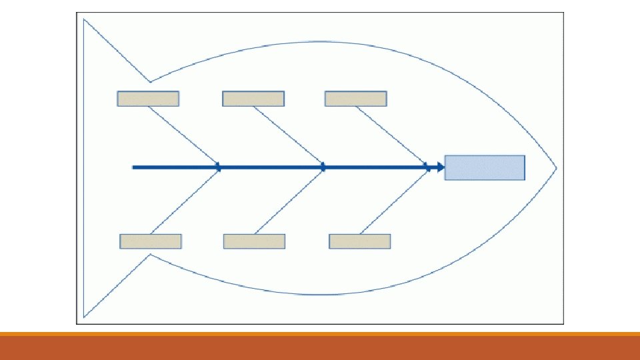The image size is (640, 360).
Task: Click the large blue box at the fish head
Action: [x=485, y=167]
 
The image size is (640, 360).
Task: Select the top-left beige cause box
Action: [x=148, y=99]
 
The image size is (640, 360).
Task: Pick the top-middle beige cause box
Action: [x=253, y=99]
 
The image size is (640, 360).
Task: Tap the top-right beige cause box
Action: [x=356, y=99]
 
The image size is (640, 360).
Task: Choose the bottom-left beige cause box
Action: [x=151, y=241]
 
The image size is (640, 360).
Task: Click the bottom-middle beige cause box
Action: [x=255, y=241]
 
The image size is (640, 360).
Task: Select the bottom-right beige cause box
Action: [x=360, y=241]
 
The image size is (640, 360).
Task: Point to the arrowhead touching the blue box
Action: [x=440, y=167]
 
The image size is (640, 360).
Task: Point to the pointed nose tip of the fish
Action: [x=556, y=167]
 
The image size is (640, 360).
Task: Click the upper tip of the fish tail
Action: [x=84, y=20]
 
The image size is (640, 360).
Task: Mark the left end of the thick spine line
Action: [x=134, y=167]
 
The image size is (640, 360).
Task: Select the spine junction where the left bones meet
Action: [x=219, y=167]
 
